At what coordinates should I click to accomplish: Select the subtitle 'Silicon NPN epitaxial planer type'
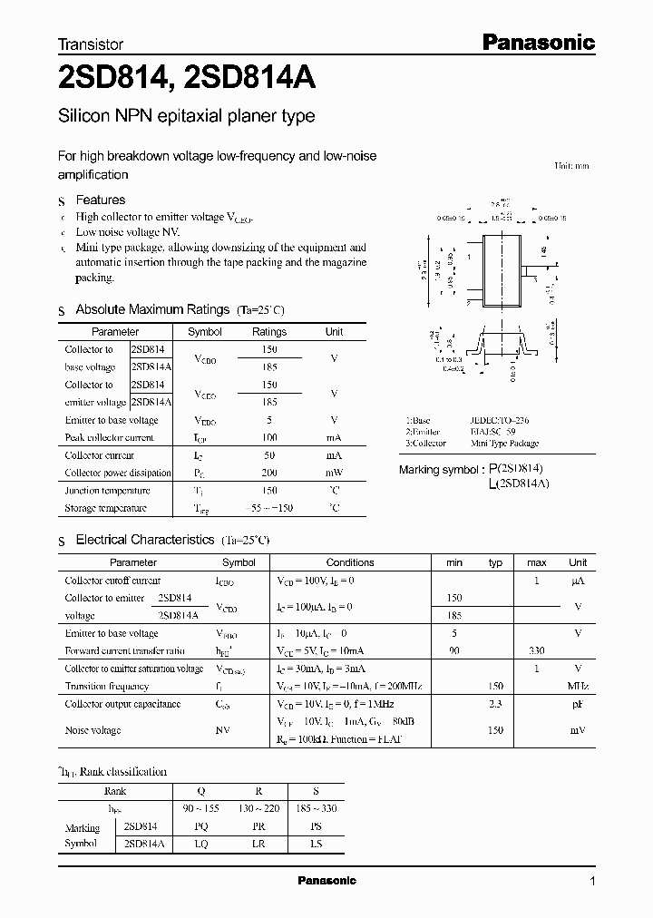(186, 116)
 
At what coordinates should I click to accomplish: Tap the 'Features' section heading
(101, 200)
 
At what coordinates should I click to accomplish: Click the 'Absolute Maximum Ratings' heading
(151, 309)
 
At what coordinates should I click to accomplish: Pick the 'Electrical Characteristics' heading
(144, 540)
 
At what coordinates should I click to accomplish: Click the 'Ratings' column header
(269, 332)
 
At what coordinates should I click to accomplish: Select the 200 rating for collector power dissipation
(269, 473)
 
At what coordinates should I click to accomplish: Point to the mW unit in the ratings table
(335, 473)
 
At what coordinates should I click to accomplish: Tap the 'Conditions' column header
(350, 562)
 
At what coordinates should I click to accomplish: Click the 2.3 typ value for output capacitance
(495, 704)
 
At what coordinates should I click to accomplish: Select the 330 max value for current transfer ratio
(537, 651)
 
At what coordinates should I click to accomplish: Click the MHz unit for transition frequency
(577, 687)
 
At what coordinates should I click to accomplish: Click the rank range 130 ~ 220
(260, 807)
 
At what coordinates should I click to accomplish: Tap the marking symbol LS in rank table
(316, 843)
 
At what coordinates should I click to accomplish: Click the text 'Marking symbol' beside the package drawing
(440, 470)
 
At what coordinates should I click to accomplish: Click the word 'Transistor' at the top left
(90, 44)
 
